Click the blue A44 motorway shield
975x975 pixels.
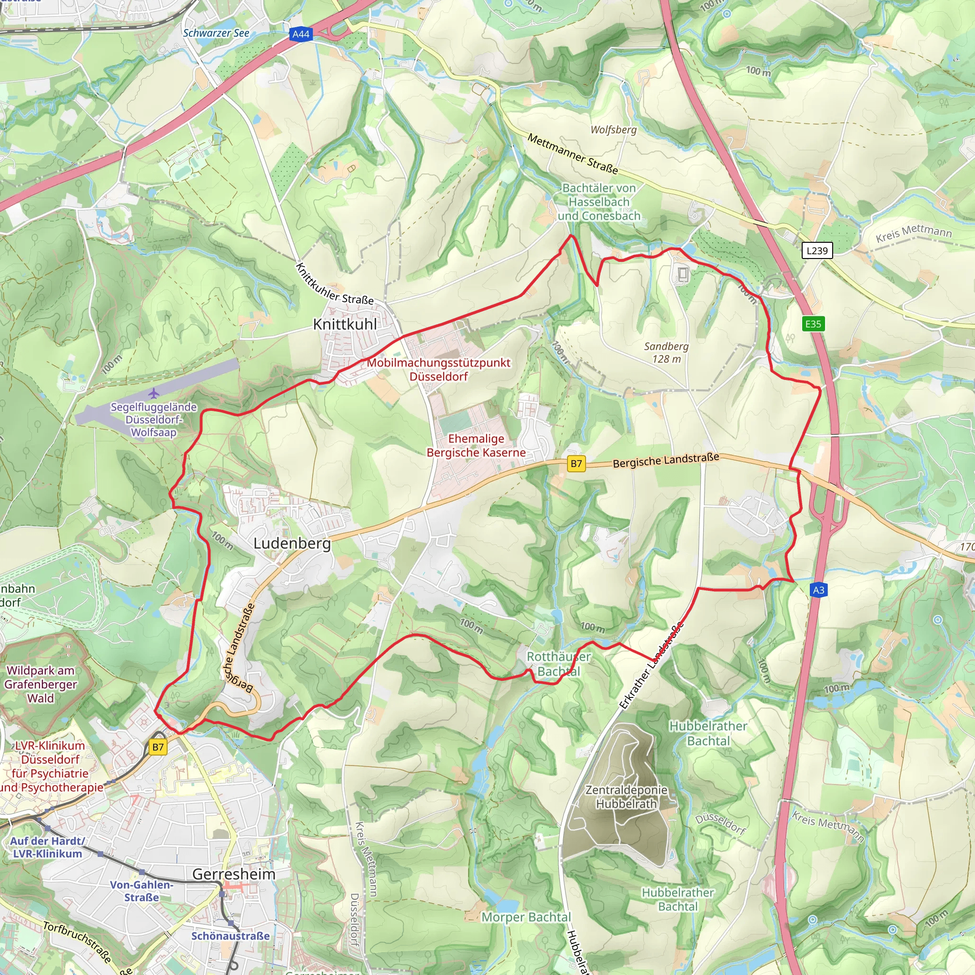[301, 34]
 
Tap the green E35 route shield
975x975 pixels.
[813, 324]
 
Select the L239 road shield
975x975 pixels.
[817, 250]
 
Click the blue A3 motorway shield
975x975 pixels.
[818, 590]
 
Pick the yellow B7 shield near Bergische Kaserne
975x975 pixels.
[577, 464]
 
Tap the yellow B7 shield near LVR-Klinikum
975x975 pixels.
[158, 747]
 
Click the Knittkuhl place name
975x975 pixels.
[345, 325]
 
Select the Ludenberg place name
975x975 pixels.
[292, 544]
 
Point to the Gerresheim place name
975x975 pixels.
[234, 874]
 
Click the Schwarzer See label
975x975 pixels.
[216, 33]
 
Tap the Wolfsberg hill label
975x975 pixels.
[614, 129]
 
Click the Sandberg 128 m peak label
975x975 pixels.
[666, 352]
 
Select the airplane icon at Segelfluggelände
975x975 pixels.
[154, 393]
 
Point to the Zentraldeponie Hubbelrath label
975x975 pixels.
[627, 796]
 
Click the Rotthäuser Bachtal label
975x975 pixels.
[558, 664]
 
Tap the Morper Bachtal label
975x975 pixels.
[526, 917]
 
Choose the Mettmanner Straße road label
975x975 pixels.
[572, 153]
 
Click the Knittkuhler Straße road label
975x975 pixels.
[334, 284]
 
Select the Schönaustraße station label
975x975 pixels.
[230, 935]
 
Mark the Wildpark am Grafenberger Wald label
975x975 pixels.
[41, 684]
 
